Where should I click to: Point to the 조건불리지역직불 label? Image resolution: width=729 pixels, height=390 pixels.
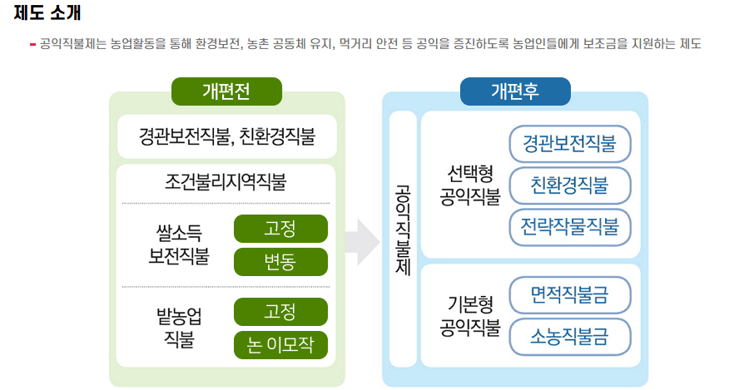coord(226,181)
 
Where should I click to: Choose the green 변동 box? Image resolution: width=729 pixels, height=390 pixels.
coord(280,261)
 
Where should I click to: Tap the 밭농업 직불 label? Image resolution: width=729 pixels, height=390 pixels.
coord(178,327)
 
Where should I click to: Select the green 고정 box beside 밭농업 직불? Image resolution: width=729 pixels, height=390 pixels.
coord(280,312)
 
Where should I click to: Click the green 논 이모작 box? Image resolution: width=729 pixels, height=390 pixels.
coord(280,345)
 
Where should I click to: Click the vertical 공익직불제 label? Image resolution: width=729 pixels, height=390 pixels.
coord(403,236)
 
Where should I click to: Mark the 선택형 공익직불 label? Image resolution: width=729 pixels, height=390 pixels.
coord(470,185)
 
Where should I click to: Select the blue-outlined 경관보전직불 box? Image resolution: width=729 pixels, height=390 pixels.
coord(569,144)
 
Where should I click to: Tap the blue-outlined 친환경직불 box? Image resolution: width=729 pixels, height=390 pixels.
coord(569,185)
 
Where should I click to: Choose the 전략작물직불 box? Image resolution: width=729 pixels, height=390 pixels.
coord(569,225)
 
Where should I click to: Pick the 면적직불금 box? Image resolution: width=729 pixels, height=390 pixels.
coord(569,294)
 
